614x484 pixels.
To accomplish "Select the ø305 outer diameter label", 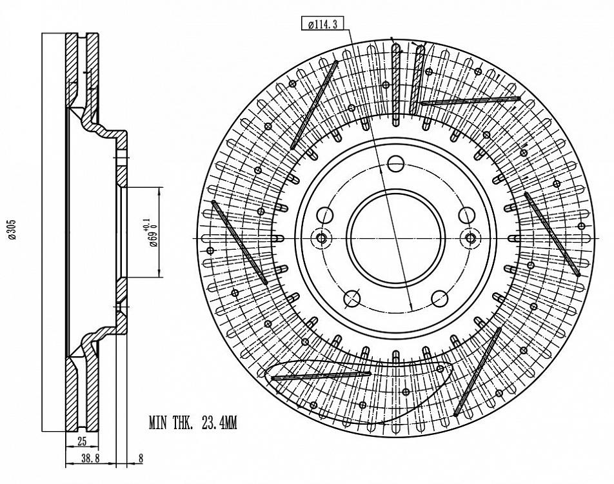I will pos(12,230).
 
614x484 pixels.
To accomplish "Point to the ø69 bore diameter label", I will pos(153,233).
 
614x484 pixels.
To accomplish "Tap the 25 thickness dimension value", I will pos(82,442).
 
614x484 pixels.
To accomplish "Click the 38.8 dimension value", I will pos(90,459).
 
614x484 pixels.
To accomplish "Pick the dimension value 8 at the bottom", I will pos(141,459).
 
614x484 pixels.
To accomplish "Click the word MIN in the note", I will pos(158,423).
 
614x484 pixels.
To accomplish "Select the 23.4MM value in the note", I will pos(219,423).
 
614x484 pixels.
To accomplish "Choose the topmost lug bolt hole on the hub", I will pos(396,163).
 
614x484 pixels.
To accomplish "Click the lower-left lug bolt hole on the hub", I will pos(352,298).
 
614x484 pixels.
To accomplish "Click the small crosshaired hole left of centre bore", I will pos(321,239).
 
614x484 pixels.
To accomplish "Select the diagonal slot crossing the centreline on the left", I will pos(239,242).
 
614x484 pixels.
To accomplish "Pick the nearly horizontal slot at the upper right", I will pos(470,101).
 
